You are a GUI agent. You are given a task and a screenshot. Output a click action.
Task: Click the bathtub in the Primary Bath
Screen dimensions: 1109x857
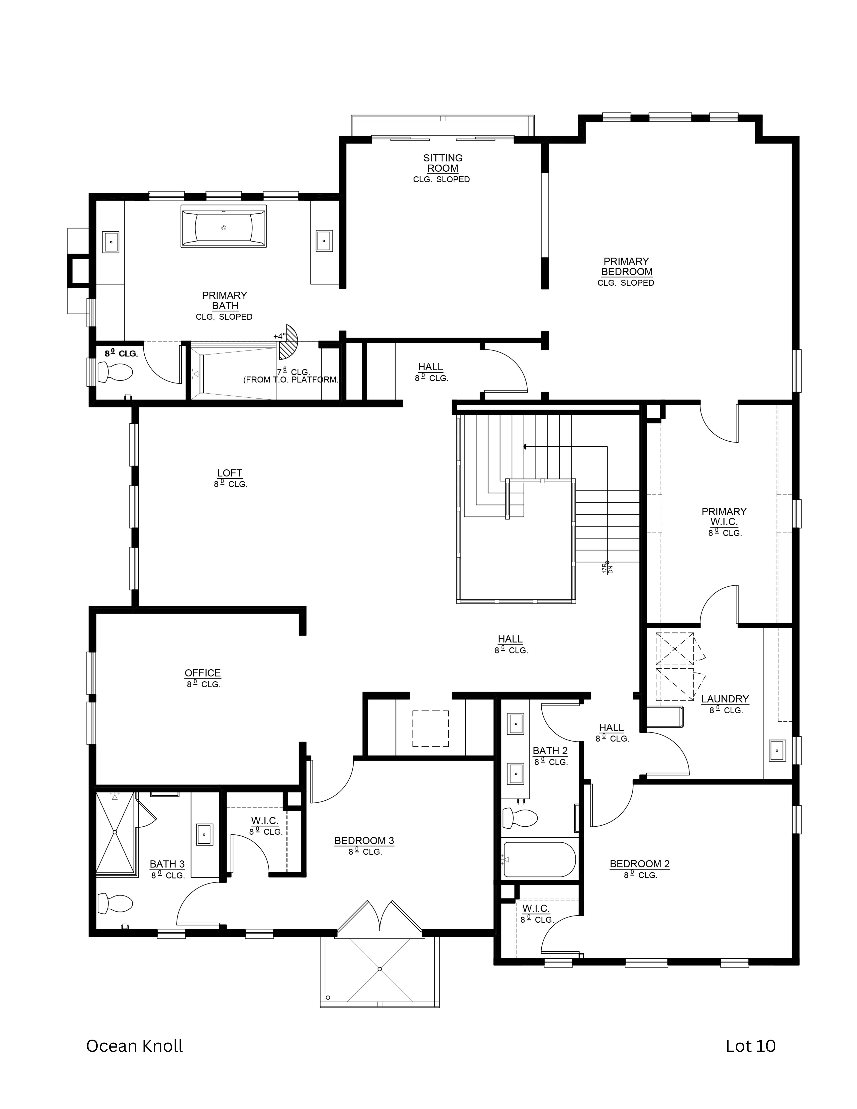pos(223,226)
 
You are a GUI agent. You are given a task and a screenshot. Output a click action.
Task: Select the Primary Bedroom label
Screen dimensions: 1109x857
pos(626,267)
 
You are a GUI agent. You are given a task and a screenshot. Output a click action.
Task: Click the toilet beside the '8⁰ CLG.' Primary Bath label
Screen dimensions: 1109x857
pos(115,372)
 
